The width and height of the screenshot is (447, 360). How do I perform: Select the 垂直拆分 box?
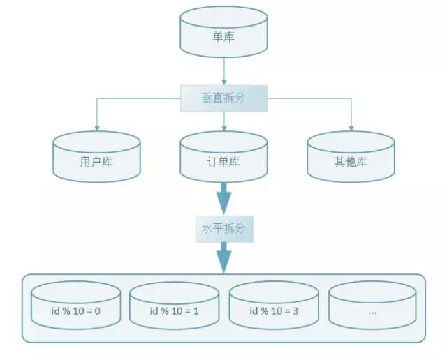tap(223, 98)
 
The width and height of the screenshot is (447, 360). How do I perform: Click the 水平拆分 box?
tap(223, 227)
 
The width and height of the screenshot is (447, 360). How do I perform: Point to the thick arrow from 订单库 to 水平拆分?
tap(223, 199)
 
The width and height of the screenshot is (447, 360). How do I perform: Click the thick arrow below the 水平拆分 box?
tap(223, 257)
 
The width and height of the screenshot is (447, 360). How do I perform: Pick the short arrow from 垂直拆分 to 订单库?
tap(223, 121)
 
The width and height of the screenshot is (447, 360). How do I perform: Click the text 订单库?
tap(223, 163)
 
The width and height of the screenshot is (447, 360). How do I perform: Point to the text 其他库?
tap(351, 163)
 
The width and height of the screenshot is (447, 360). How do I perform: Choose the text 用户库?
tap(96, 163)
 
